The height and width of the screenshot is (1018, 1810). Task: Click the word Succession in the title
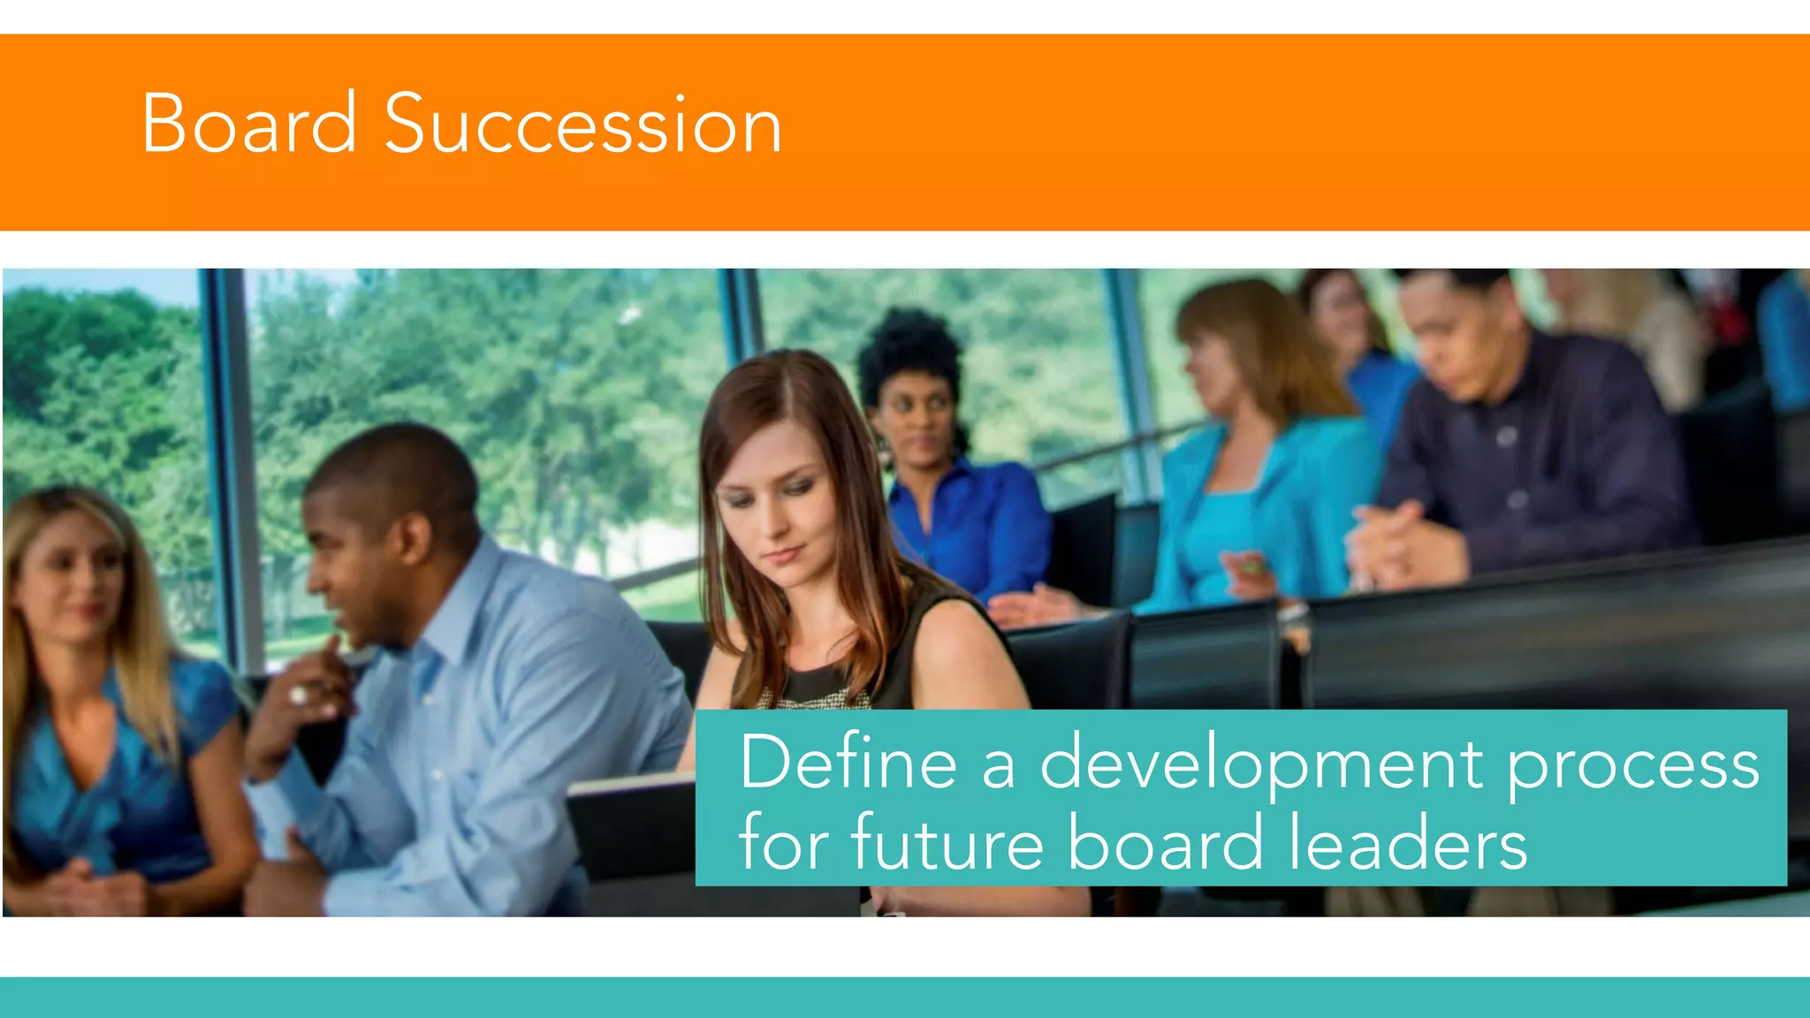pyautogui.click(x=583, y=125)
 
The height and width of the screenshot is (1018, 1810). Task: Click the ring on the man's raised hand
pyautogui.click(x=298, y=695)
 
